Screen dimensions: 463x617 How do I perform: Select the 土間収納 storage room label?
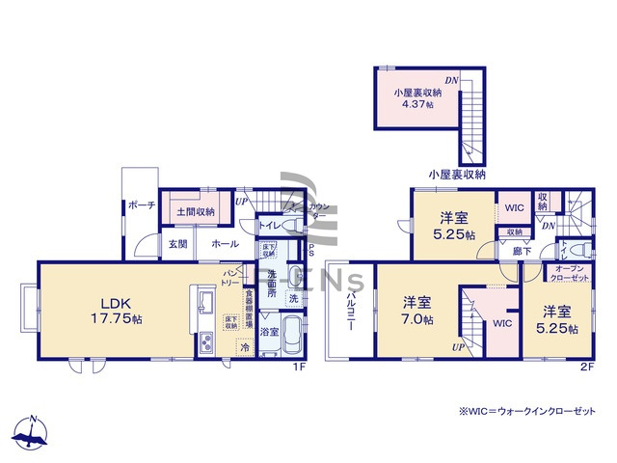click(x=194, y=208)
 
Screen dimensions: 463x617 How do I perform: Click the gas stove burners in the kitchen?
click(x=205, y=342)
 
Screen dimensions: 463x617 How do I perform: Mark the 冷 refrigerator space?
click(x=245, y=346)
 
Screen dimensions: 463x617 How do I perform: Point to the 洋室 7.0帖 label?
click(x=418, y=311)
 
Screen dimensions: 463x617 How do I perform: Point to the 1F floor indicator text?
click(x=299, y=368)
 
